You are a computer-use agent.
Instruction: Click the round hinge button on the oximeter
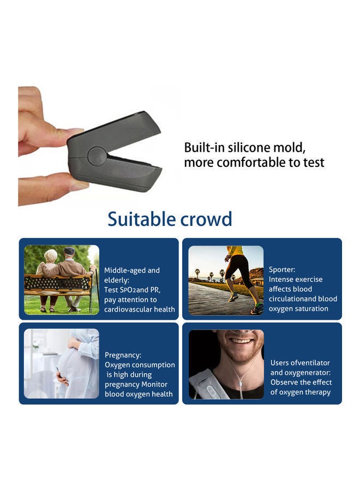point(97,155)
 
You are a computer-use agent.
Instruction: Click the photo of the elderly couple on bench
point(62,280)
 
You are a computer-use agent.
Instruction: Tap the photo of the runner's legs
point(226,280)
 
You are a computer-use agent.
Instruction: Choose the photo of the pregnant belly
point(62,363)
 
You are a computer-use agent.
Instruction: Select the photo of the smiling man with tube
point(226,364)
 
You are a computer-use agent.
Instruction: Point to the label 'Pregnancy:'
point(123,355)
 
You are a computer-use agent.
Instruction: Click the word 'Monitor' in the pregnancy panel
point(154,384)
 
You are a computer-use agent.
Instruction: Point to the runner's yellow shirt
point(236,251)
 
